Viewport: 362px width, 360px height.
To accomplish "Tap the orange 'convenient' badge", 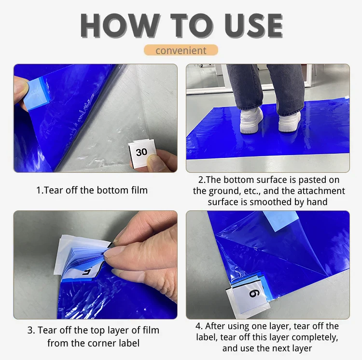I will click(x=181, y=50).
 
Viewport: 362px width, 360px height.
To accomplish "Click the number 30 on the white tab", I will click(x=141, y=152).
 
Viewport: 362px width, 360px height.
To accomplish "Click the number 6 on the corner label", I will click(x=253, y=293).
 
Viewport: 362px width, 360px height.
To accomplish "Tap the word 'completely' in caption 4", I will click(x=316, y=337).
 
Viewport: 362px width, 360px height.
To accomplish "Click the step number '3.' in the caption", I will click(x=31, y=331).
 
